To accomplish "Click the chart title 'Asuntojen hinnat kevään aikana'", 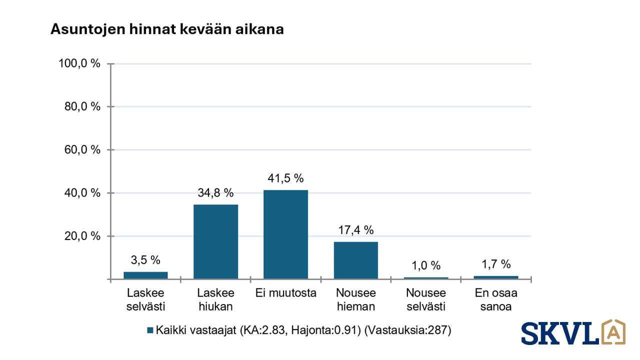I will [167, 29].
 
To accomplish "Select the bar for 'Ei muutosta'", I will [285, 234].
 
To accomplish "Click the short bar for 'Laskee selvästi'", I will [145, 275].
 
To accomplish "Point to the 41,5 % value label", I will [285, 178].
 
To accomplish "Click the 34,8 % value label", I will [215, 193].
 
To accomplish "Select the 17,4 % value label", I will [355, 230].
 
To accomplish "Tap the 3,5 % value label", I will [145, 260].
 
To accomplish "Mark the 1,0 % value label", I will [426, 265].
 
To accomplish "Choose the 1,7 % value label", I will [496, 264].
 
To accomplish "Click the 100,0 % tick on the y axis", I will [80, 63].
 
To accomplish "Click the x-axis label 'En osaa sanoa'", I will [496, 299].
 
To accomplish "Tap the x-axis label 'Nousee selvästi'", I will [426, 299].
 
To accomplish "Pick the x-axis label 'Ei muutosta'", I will [285, 293].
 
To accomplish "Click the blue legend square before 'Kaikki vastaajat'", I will [150, 330].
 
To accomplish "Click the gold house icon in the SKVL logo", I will [613, 332].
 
